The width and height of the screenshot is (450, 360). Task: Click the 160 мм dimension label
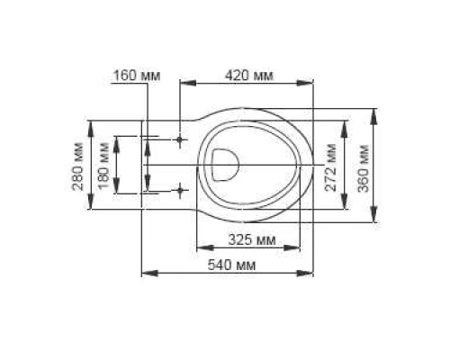[136, 75]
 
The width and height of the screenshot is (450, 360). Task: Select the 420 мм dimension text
[247, 75]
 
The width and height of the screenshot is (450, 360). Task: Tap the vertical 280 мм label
[78, 166]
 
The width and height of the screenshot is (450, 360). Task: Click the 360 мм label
[361, 165]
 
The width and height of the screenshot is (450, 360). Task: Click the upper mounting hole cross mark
[181, 140]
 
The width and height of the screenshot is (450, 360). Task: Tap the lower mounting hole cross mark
[181, 190]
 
